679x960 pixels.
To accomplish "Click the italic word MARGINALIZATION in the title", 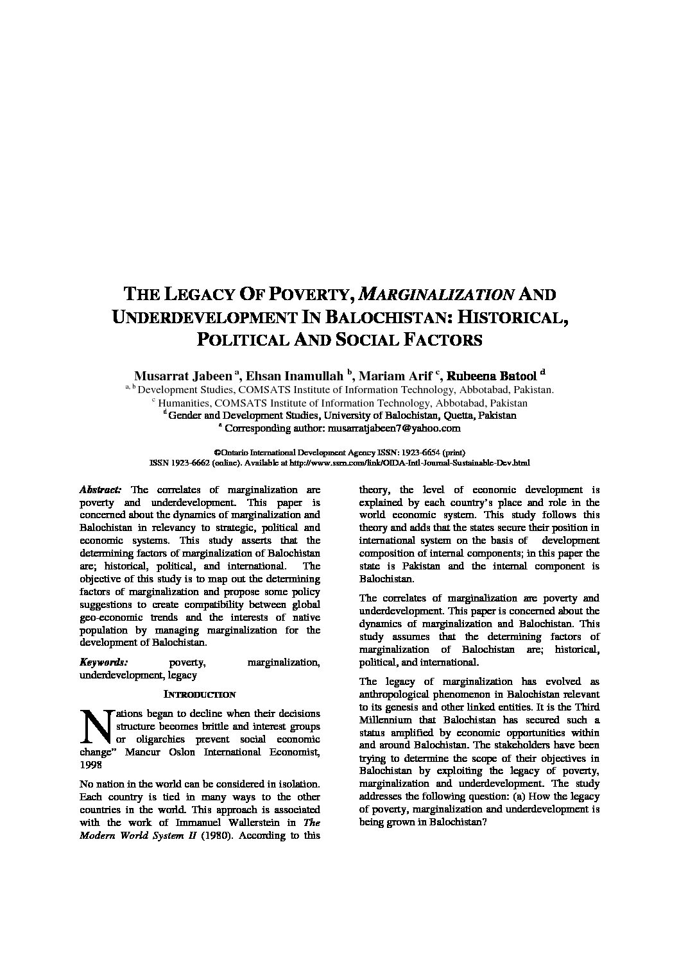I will tap(436, 295).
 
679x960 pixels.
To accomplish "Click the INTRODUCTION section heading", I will tap(200, 695).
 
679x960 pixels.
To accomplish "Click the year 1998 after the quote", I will tap(90, 765).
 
